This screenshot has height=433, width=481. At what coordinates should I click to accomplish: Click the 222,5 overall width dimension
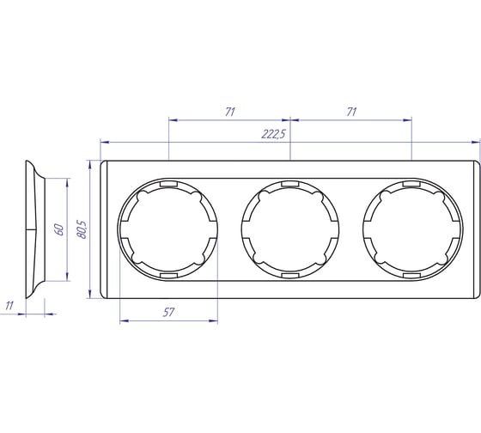click(x=273, y=134)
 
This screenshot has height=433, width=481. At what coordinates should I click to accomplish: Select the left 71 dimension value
click(x=230, y=112)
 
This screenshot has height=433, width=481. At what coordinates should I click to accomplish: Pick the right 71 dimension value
click(x=351, y=112)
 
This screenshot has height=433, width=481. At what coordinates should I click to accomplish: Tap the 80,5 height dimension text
click(x=82, y=229)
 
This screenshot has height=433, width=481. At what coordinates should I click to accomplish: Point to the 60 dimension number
click(x=59, y=229)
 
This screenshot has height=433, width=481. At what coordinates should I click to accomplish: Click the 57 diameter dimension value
click(x=168, y=313)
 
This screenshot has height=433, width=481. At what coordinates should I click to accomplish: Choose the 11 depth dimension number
click(x=9, y=306)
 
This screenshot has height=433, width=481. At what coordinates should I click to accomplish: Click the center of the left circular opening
click(x=168, y=229)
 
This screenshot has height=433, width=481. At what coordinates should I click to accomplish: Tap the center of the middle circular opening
click(x=290, y=229)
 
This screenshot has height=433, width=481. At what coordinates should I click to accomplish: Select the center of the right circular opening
click(x=412, y=229)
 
